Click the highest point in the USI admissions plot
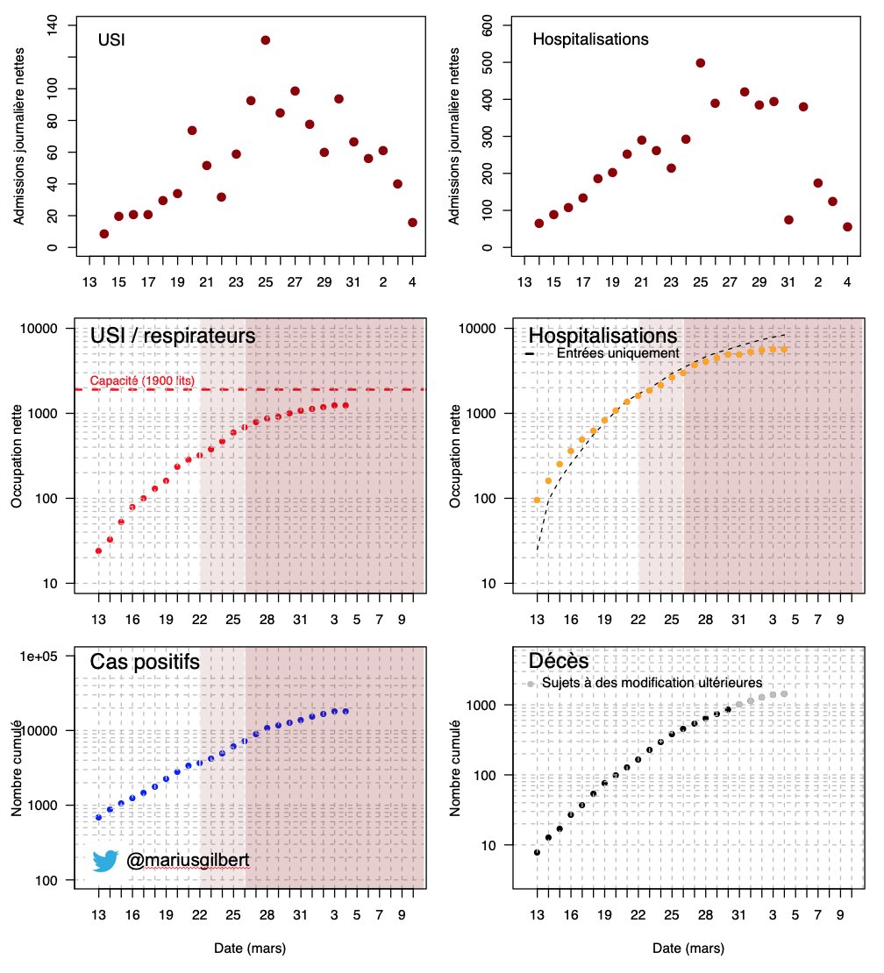click(265, 40)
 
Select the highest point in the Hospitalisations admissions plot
click(700, 62)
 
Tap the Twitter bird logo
click(105, 861)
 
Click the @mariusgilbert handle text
click(188, 860)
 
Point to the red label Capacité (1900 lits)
click(142, 380)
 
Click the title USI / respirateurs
click(173, 336)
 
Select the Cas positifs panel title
click(145, 662)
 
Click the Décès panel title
click(559, 661)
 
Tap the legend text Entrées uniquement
click(617, 353)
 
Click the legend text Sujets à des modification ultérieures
click(652, 683)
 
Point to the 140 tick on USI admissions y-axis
click(52, 25)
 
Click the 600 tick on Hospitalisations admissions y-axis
click(488, 25)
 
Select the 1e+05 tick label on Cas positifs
click(39, 657)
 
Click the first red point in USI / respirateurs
click(98, 551)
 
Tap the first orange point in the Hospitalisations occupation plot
click(537, 501)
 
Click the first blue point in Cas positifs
click(98, 818)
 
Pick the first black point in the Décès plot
click(537, 853)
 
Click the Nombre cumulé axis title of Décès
click(455, 768)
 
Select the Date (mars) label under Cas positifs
click(250, 948)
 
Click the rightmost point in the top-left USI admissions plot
click(412, 223)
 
